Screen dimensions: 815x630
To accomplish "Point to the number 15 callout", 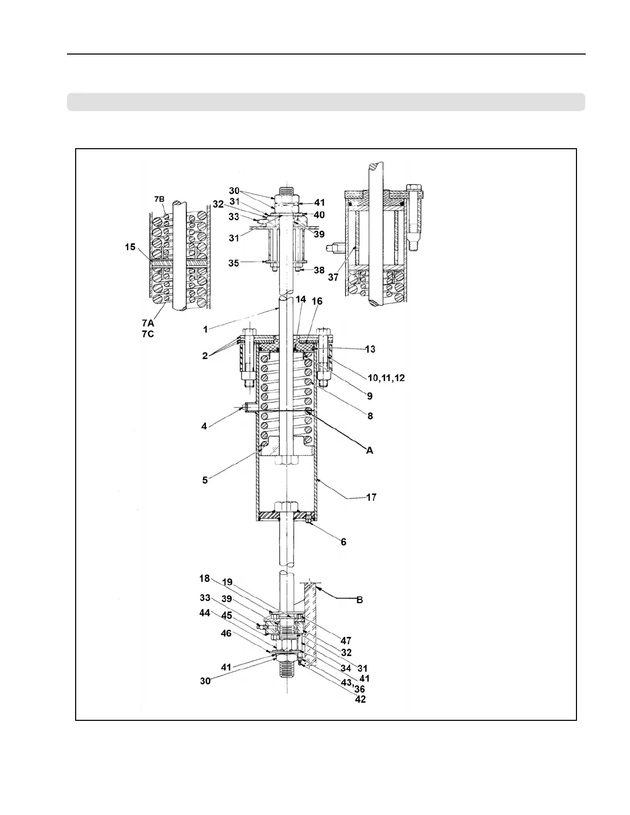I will [x=130, y=247].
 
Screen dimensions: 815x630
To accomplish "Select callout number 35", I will [x=234, y=263].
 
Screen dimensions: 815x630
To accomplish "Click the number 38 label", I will [x=319, y=270].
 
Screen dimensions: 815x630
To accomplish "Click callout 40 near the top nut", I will [x=319, y=215].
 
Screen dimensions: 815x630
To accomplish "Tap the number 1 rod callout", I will [x=205, y=329].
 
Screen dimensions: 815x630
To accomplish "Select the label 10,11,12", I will [x=387, y=378].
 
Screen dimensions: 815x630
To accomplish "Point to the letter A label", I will [x=369, y=450].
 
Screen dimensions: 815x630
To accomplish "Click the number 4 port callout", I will [x=204, y=426].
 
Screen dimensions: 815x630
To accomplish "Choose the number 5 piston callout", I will [x=205, y=480].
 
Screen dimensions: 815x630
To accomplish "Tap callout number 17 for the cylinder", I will [x=371, y=497].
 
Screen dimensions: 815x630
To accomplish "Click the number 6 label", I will [x=343, y=542].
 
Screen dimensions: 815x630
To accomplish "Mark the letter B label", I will [x=360, y=600].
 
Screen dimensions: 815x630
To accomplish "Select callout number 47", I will [x=345, y=641].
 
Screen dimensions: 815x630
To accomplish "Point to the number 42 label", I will [x=360, y=700].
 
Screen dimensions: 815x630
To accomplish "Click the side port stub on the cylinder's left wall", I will [x=250, y=408].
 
